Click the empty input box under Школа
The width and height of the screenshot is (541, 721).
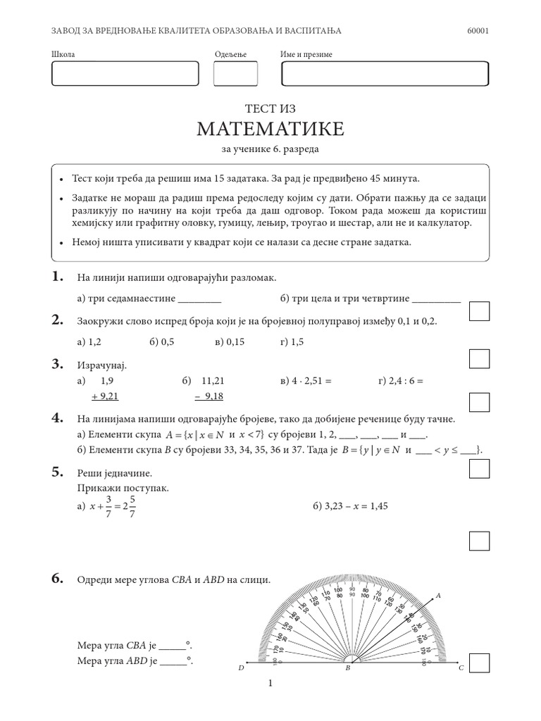125,74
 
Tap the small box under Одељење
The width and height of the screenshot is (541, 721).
235,74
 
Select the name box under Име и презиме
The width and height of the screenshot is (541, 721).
385,74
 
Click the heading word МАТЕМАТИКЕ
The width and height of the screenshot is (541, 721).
270,129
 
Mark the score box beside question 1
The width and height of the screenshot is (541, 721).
479,311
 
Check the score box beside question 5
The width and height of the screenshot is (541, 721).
479,541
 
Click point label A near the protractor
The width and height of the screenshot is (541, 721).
437,596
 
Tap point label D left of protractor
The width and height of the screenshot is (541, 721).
240,667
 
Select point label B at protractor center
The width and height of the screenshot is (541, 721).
347,668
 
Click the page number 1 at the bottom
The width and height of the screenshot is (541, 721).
270,683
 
